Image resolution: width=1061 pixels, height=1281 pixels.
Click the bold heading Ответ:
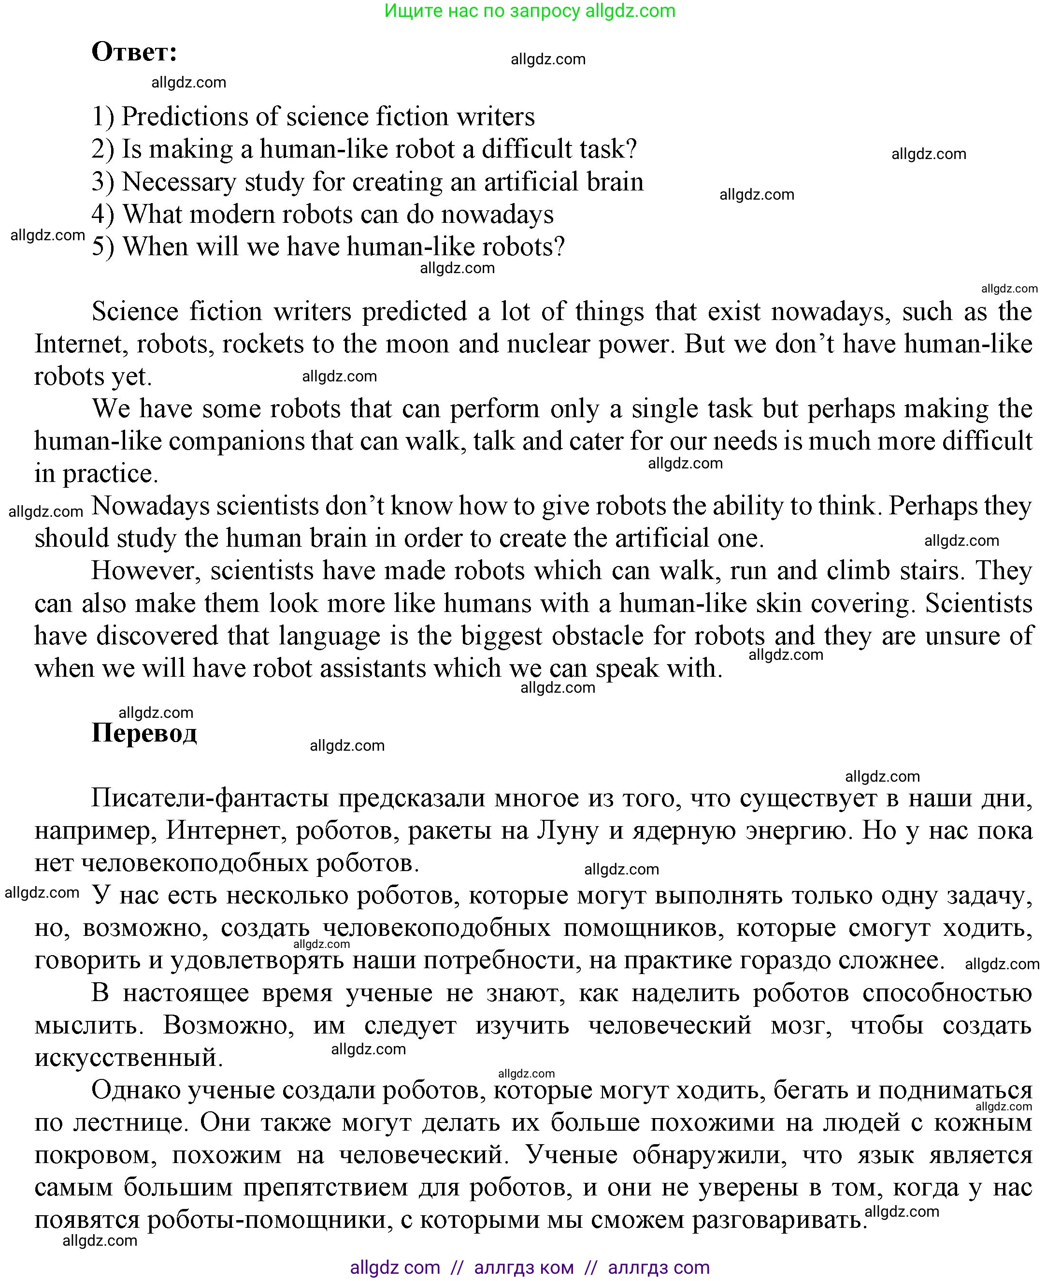click(x=134, y=53)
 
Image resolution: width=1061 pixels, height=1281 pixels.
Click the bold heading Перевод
click(x=144, y=733)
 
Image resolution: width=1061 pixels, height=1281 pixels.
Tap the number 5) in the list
click(x=103, y=247)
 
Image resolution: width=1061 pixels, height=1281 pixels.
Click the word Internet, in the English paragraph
click(x=81, y=344)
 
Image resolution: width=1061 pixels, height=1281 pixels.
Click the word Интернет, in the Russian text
click(x=226, y=830)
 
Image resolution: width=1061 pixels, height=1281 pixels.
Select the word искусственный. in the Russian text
click(x=129, y=1058)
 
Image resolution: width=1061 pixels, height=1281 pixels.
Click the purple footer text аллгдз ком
click(x=523, y=1267)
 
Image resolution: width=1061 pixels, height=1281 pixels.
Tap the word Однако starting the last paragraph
click(x=135, y=1090)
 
